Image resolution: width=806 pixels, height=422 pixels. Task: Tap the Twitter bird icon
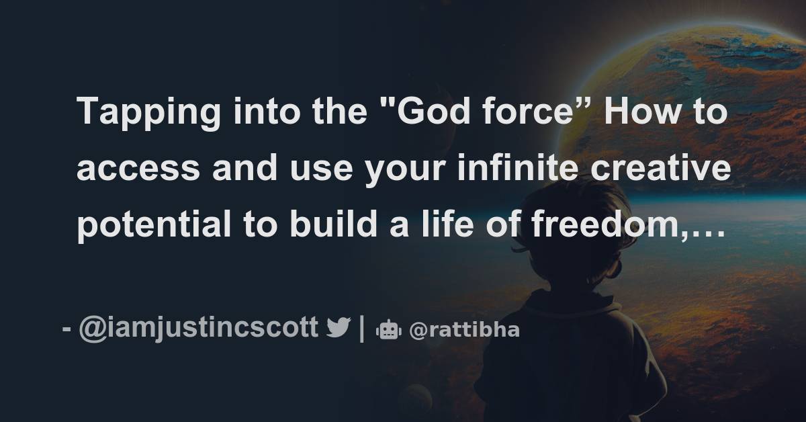click(338, 329)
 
